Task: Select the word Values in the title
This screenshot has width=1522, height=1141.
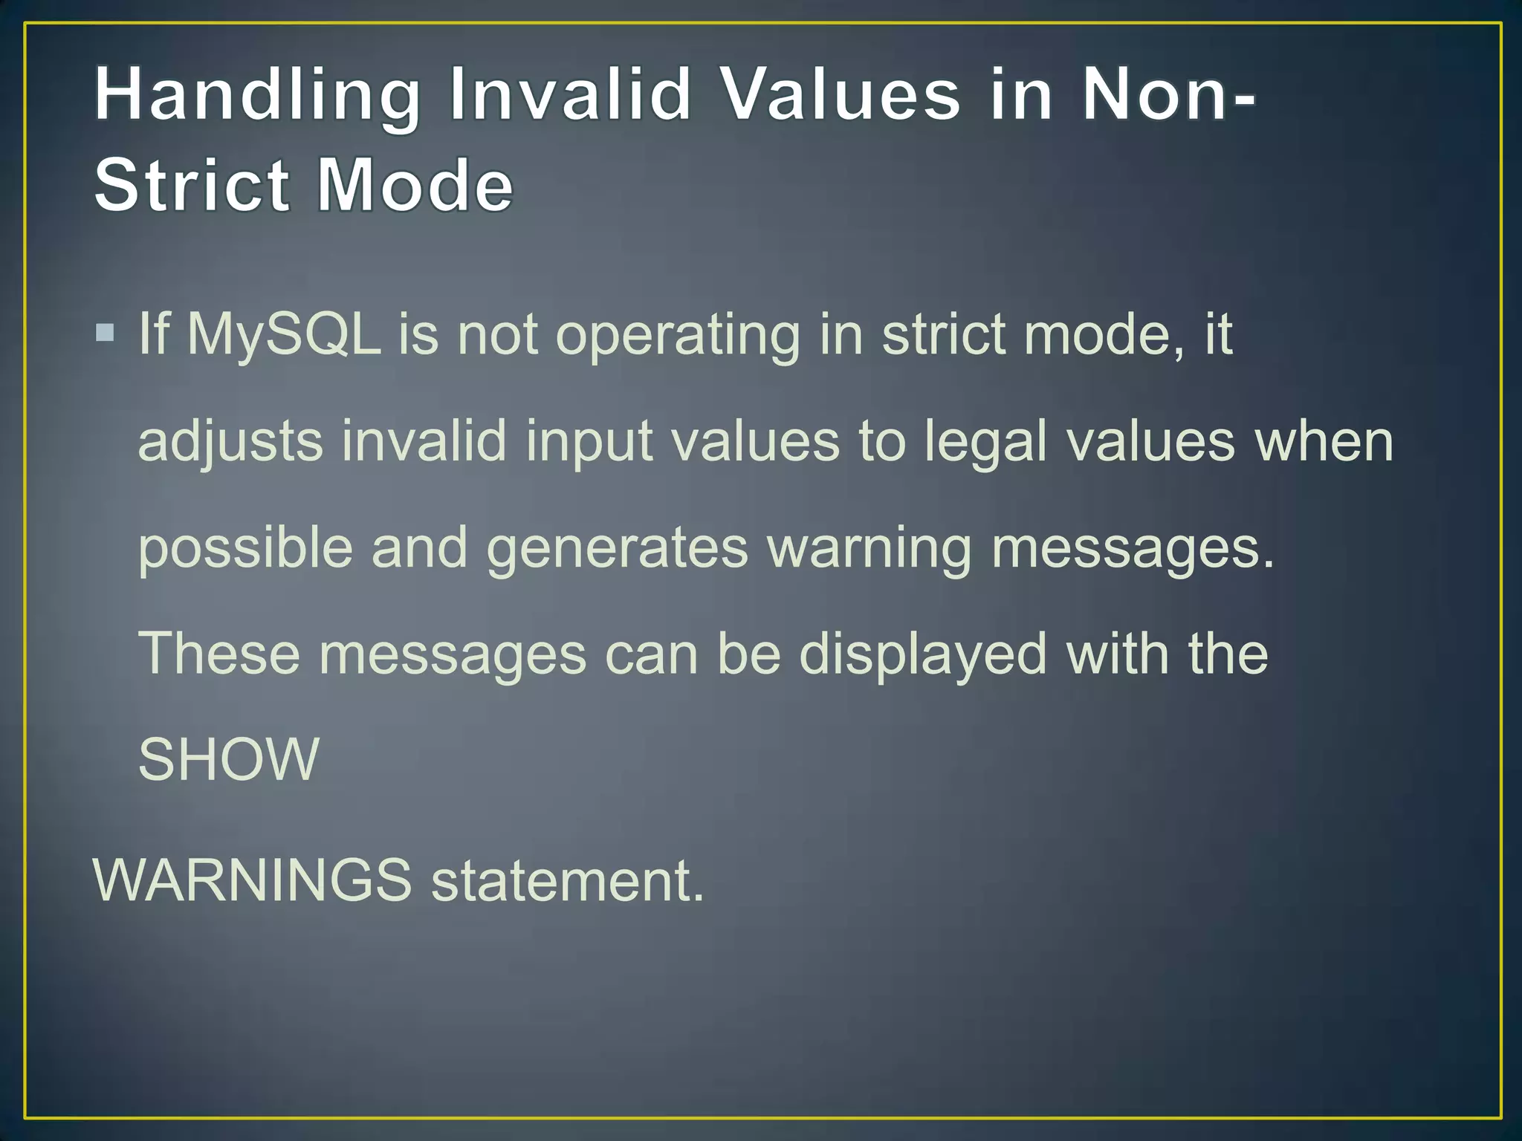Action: tap(841, 95)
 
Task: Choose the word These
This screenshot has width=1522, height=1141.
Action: tap(219, 654)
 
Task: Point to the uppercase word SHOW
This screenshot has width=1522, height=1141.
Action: tap(229, 759)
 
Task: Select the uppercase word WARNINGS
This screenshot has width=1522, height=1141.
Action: tap(252, 880)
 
